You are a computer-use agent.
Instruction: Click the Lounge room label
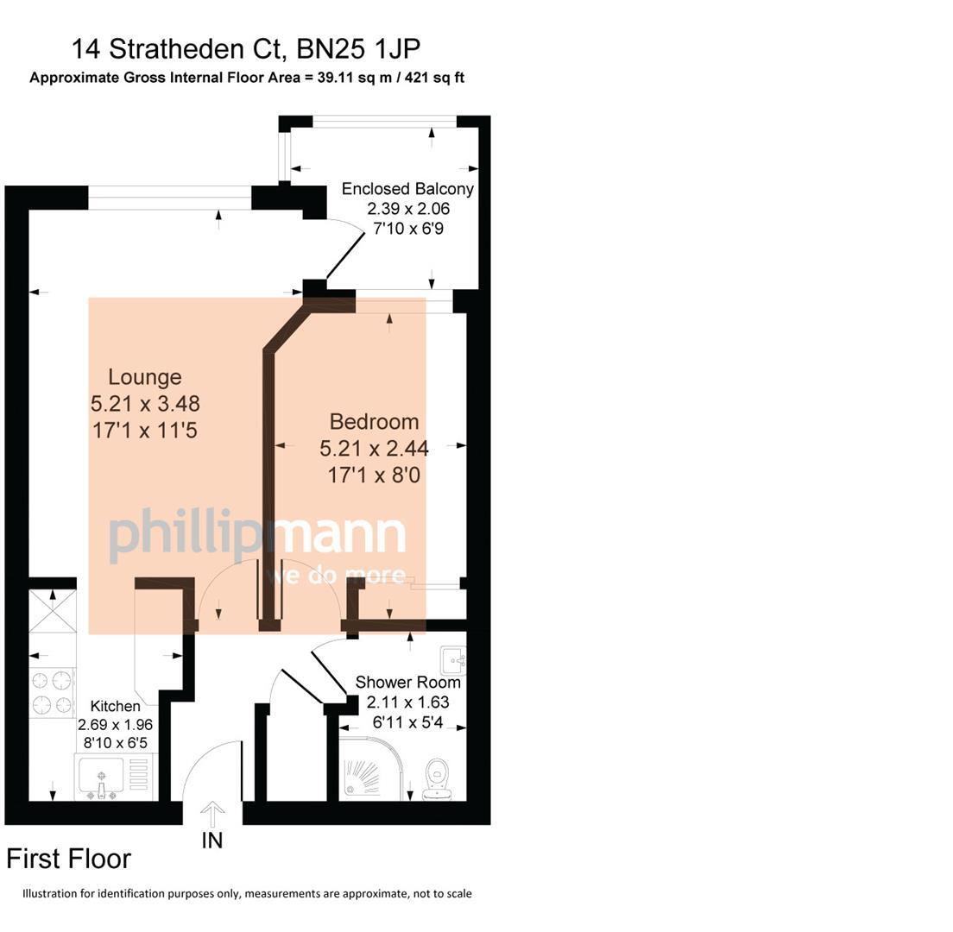pos(145,377)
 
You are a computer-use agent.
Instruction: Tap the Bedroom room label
pos(374,422)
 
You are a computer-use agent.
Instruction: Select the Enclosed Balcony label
pos(407,189)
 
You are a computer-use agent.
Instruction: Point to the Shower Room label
pos(407,683)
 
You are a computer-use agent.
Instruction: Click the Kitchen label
pos(115,706)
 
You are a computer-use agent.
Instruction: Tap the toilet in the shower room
pos(436,778)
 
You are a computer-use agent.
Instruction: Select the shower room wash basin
pos(454,660)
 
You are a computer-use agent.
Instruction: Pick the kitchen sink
pos(102,777)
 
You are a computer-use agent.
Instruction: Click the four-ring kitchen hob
pos(53,693)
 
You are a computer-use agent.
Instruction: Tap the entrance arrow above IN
pos(212,815)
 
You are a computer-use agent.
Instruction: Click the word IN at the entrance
pos(212,841)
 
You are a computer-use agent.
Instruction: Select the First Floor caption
pos(69,860)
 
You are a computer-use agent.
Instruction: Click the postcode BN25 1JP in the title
pos(358,49)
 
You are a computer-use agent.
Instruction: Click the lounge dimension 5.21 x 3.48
pos(145,403)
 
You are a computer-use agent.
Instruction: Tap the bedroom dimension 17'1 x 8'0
pos(374,475)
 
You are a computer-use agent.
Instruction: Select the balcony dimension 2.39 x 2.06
pos(408,209)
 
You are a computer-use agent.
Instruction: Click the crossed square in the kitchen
pos(53,611)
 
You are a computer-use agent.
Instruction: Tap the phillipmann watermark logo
pos(258,535)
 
